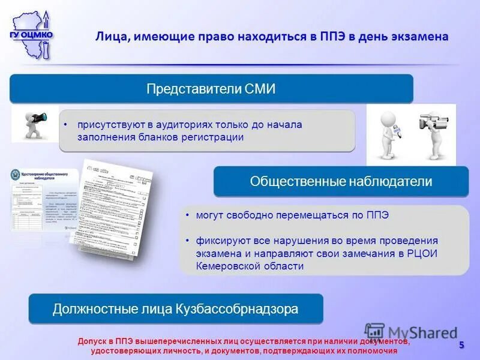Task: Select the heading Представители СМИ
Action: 211,89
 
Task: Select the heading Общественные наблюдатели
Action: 341,181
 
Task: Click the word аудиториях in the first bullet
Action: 173,125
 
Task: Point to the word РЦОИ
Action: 420,253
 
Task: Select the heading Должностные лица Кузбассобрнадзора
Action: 175,309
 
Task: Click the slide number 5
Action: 461,344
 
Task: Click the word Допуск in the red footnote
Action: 91,341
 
